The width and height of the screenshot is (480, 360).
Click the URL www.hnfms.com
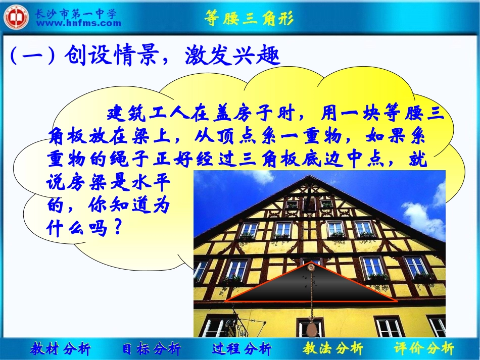[x=79, y=23]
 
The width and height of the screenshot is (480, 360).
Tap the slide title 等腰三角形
[x=249, y=19]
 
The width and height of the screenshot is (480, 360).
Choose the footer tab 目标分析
[x=151, y=348]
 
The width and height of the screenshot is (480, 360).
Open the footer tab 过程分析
[x=242, y=348]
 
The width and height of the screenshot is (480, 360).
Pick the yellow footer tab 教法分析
[x=333, y=348]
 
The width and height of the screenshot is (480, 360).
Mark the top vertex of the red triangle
[x=311, y=264]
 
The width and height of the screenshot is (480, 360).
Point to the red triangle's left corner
[x=225, y=301]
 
